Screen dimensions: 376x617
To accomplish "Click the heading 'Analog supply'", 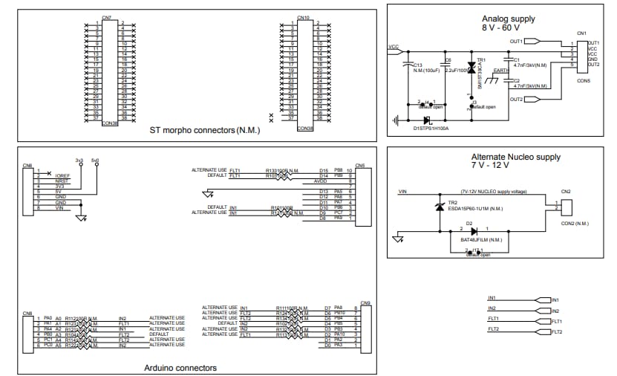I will pos(508,19).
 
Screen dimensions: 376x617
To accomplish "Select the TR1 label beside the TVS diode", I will pos(481,60).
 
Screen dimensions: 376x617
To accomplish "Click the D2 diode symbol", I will pos(473,231).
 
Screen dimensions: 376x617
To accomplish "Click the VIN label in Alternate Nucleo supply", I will pos(402,192).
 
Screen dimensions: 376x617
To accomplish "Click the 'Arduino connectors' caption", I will pos(181,367).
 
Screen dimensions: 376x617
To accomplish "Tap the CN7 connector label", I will pos(107,17).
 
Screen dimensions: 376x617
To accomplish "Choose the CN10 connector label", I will pos(303,17).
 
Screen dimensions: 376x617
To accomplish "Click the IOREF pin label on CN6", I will pos(62,176).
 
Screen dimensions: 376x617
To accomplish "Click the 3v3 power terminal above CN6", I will pos(79,160).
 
